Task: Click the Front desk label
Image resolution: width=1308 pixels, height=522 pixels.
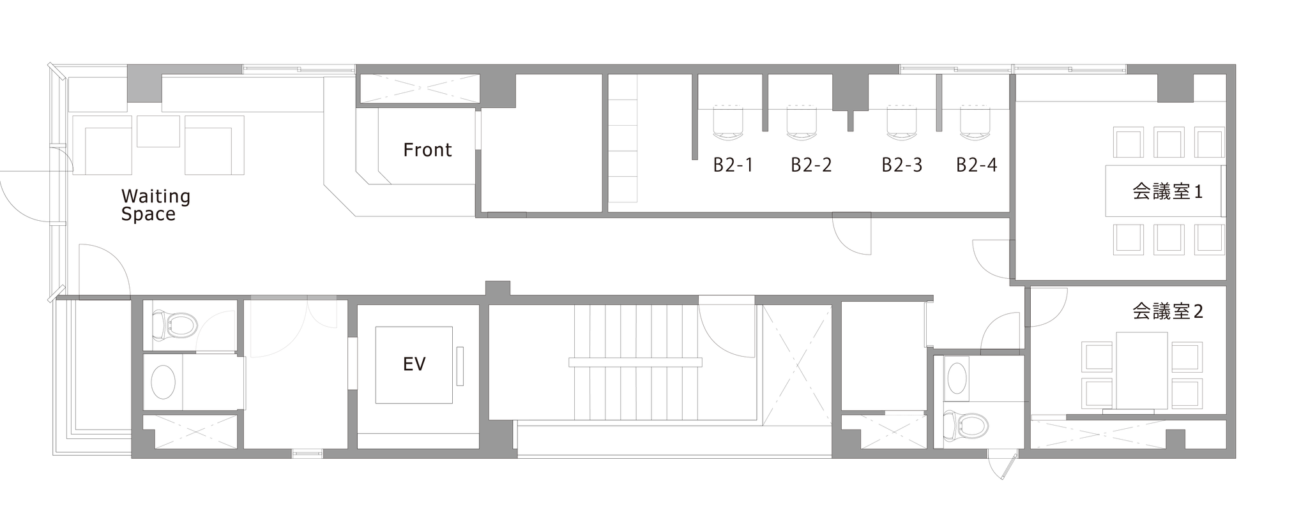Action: (427, 150)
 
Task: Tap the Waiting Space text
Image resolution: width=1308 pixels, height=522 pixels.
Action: (156, 205)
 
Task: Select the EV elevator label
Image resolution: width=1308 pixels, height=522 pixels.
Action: (414, 364)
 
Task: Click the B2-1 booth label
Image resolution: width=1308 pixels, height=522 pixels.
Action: (733, 165)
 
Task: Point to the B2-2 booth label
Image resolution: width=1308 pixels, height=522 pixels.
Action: (811, 165)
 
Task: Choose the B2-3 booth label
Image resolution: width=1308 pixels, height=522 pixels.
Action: (902, 165)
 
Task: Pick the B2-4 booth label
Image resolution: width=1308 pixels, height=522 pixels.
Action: (977, 165)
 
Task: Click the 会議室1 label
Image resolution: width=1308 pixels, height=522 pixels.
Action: (1168, 191)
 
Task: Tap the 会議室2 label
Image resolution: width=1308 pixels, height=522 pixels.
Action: (1168, 311)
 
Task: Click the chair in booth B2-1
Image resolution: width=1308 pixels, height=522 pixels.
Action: (727, 122)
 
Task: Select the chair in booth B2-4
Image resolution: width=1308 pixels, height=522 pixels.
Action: (975, 122)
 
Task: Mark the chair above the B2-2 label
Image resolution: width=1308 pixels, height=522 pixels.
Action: (802, 122)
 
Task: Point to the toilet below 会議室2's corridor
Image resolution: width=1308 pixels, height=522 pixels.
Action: (965, 426)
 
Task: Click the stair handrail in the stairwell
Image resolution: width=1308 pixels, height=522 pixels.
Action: (635, 362)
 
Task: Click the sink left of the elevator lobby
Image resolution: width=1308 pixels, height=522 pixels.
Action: (163, 382)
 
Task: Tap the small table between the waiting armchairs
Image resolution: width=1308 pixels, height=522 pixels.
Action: (158, 131)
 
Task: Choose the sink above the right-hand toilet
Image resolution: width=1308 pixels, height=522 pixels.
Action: (957, 378)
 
